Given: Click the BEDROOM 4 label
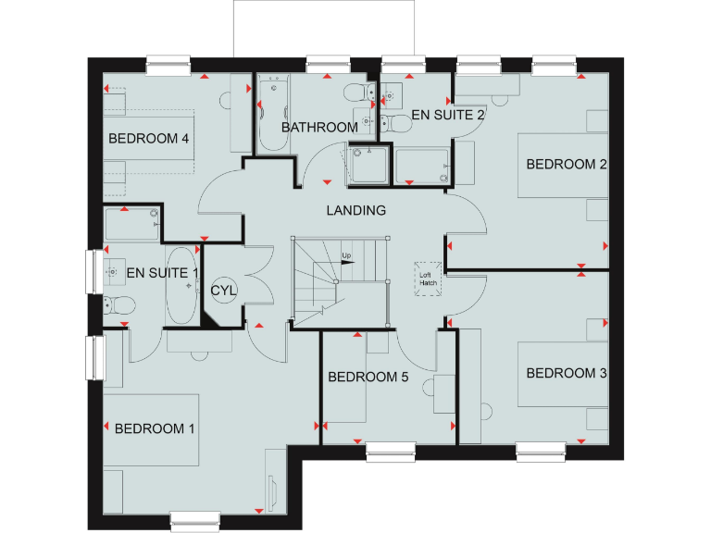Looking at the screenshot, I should (x=149, y=139).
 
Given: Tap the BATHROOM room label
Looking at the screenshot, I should (x=319, y=127).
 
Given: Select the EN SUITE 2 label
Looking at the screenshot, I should (x=448, y=116).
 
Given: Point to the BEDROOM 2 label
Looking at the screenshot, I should (x=567, y=165).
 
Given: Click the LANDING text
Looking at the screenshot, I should (x=355, y=210).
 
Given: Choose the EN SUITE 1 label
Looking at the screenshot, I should (x=162, y=272).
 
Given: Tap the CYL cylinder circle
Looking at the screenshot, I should (x=223, y=291).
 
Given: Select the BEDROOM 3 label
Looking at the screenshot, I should (x=567, y=374).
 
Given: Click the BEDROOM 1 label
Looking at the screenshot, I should (x=155, y=428).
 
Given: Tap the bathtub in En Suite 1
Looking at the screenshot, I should (x=181, y=285).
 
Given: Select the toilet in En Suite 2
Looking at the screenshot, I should (x=400, y=123).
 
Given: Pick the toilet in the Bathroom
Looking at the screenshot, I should (x=357, y=93).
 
